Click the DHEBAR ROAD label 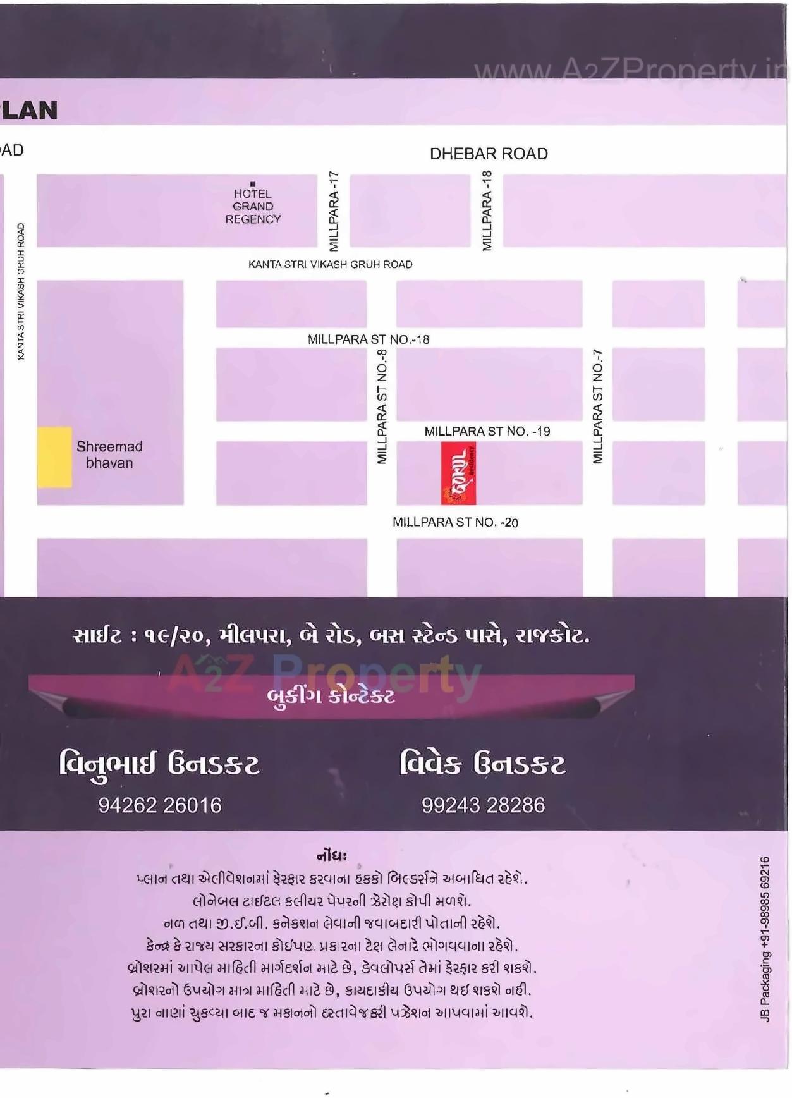pos(489,154)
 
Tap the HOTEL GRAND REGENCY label pos(253,207)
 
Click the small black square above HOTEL pos(253,184)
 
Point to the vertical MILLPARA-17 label pos(334,210)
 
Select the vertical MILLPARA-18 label pos(487,210)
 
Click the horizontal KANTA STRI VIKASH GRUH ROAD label pos(330,264)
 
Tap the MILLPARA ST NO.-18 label pos(369,339)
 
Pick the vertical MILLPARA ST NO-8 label pos(382,406)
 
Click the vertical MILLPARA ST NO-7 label pos(597,406)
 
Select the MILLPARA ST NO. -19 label pos(487,431)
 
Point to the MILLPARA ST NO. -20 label pos(455,522)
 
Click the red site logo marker pos(458,473)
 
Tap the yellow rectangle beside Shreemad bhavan pos(54,457)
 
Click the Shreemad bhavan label pos(109,454)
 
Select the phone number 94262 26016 pos(160,805)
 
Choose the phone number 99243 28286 pos(483,805)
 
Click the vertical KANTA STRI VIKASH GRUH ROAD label pos(21,291)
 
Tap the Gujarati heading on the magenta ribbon pos(331,697)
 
